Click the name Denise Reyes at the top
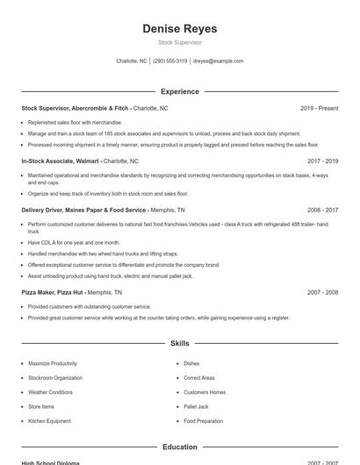click(180, 29)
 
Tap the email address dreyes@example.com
click(218, 61)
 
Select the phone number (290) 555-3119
click(170, 61)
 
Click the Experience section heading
click(180, 91)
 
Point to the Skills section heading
click(180, 344)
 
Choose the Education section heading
click(180, 447)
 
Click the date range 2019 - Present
click(319, 108)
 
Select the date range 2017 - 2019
click(322, 161)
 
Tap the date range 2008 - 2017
click(322, 211)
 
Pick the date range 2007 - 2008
click(322, 292)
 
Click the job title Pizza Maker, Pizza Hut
click(53, 292)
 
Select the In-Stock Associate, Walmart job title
click(61, 161)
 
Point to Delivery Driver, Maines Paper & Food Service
click(84, 211)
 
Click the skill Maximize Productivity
click(53, 363)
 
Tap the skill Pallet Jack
click(196, 406)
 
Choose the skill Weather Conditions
click(50, 392)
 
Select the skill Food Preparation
click(203, 421)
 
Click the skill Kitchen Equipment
click(49, 421)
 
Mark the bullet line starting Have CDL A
click(74, 242)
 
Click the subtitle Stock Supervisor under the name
click(180, 42)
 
